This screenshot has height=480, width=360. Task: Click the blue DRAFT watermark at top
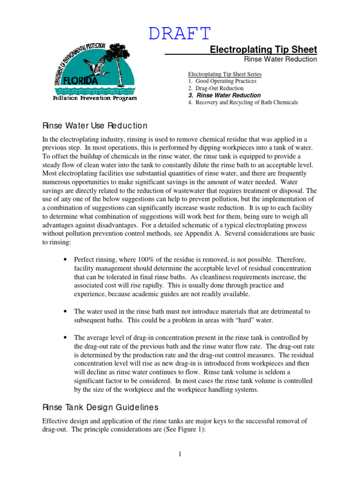point(180,33)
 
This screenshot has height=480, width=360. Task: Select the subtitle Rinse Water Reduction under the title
point(280,60)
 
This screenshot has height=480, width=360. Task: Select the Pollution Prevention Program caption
point(95,98)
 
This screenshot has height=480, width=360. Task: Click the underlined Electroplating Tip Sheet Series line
point(225,74)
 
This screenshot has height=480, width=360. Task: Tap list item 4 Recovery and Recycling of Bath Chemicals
point(243,102)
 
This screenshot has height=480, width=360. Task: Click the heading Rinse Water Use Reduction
point(95,126)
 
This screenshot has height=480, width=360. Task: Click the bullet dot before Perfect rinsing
point(63,260)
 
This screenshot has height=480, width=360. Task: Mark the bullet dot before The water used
point(63,311)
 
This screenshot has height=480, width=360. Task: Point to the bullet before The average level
point(63,337)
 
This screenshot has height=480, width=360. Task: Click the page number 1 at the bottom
point(180,454)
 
